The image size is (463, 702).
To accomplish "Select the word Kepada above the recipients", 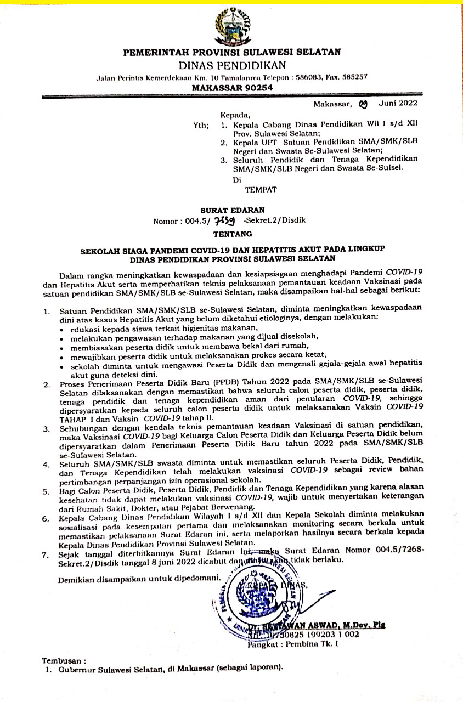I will tap(231, 115).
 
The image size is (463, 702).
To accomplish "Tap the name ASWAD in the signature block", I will tap(309, 624).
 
